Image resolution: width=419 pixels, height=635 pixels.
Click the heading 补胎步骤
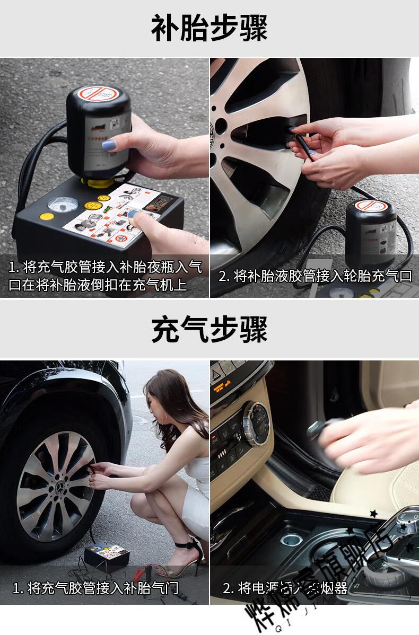pyautogui.click(x=209, y=28)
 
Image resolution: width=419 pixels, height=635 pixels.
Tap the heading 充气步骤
pyautogui.click(x=209, y=329)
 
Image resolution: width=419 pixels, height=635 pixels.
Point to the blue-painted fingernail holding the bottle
pyautogui.click(x=109, y=144)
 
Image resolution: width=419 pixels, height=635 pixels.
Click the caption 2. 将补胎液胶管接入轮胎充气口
pyautogui.click(x=315, y=276)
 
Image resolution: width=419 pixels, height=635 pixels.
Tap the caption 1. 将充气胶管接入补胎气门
pyautogui.click(x=95, y=587)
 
